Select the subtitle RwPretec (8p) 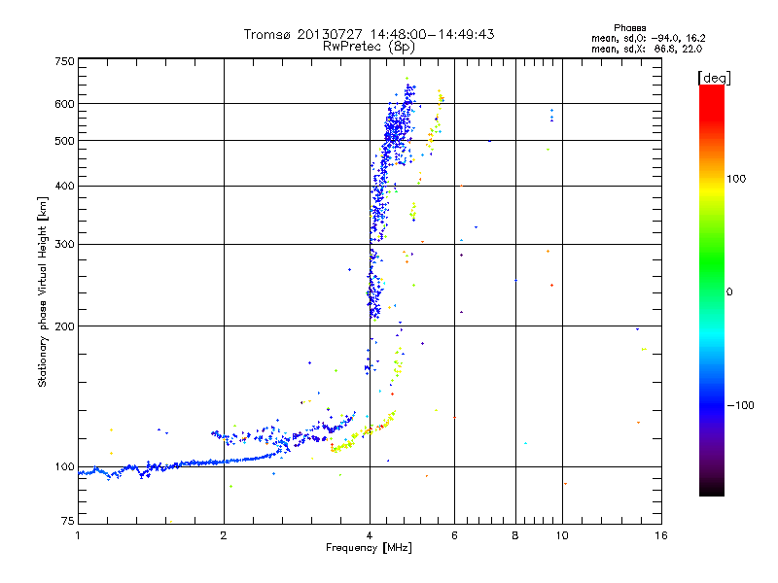(369, 46)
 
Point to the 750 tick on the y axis (65, 61)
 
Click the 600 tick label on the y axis (65, 104)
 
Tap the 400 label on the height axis (65, 187)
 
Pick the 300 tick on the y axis (65, 245)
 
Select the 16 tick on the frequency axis (661, 534)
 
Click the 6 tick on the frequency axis (455, 534)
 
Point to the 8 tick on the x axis (515, 534)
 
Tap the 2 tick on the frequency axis (224, 534)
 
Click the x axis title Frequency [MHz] (369, 548)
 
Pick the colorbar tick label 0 (728, 292)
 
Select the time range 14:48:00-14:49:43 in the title (424, 34)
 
